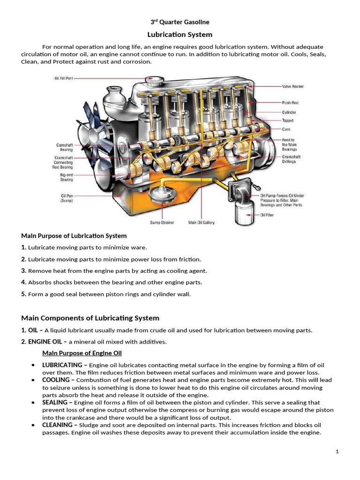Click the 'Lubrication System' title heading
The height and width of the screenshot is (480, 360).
(180, 35)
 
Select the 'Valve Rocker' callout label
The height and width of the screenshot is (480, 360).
(292, 86)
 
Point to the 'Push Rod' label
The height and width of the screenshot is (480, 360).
(290, 102)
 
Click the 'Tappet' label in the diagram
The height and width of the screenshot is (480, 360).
(287, 120)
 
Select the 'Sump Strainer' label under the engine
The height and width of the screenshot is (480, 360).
(162, 222)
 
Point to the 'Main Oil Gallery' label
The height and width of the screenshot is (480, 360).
(201, 222)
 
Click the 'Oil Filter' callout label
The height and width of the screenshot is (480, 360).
(267, 215)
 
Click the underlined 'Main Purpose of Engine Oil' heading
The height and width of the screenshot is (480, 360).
(82, 353)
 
